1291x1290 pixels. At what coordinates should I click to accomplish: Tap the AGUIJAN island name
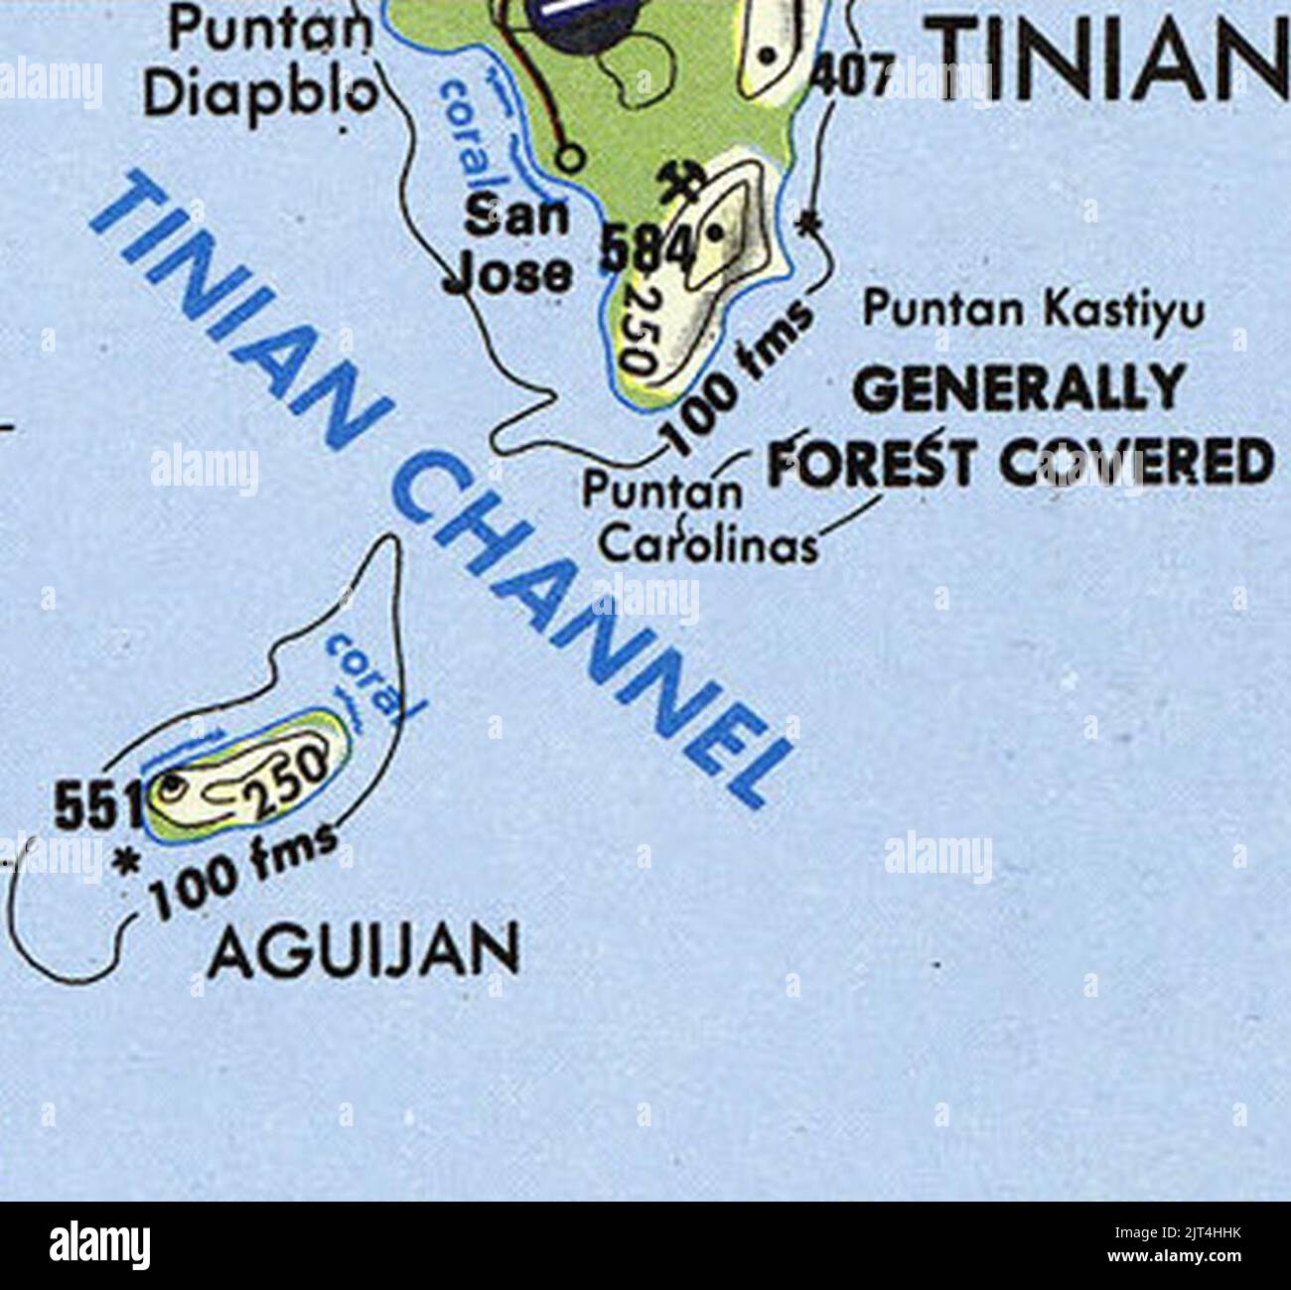point(364,949)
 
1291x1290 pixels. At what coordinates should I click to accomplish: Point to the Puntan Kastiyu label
point(1033,312)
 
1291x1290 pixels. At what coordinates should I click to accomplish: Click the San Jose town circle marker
point(567,157)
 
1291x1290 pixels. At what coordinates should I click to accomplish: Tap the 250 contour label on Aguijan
point(288,778)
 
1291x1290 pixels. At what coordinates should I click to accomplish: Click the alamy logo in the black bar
point(100,1244)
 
